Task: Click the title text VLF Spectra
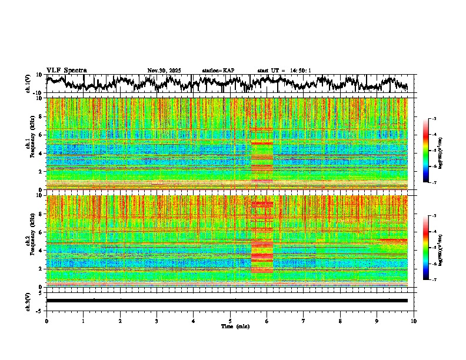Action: click(66, 71)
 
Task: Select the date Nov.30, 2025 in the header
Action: click(164, 71)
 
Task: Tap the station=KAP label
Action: click(218, 71)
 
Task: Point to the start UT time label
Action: click(284, 71)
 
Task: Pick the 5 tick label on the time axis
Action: click(230, 321)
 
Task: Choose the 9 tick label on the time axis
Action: click(377, 321)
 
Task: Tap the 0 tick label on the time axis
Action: click(46, 321)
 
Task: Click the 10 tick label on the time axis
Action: click(414, 321)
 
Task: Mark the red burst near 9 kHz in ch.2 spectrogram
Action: click(262, 204)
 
